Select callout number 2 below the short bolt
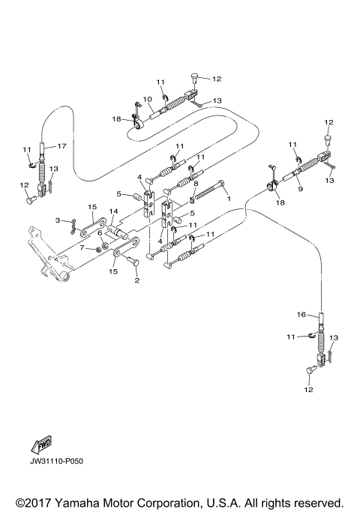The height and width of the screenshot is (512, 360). click(x=136, y=281)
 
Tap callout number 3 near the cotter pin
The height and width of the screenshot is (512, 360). click(x=56, y=220)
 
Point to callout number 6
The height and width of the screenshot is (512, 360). click(x=98, y=233)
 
